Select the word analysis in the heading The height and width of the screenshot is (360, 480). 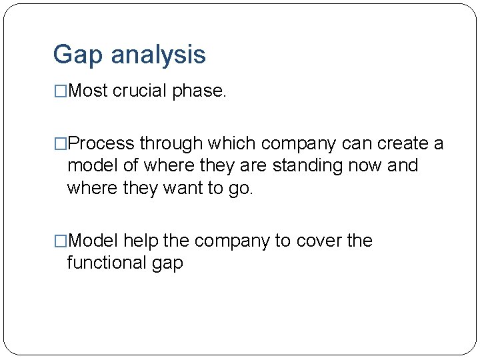tap(158, 55)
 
